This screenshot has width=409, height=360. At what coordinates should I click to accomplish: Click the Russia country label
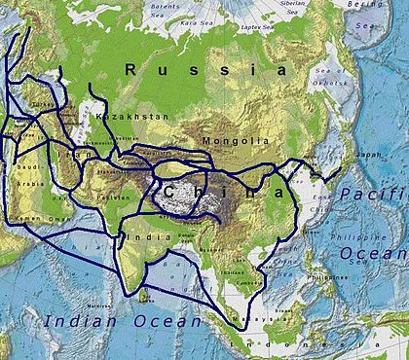coord(205,70)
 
